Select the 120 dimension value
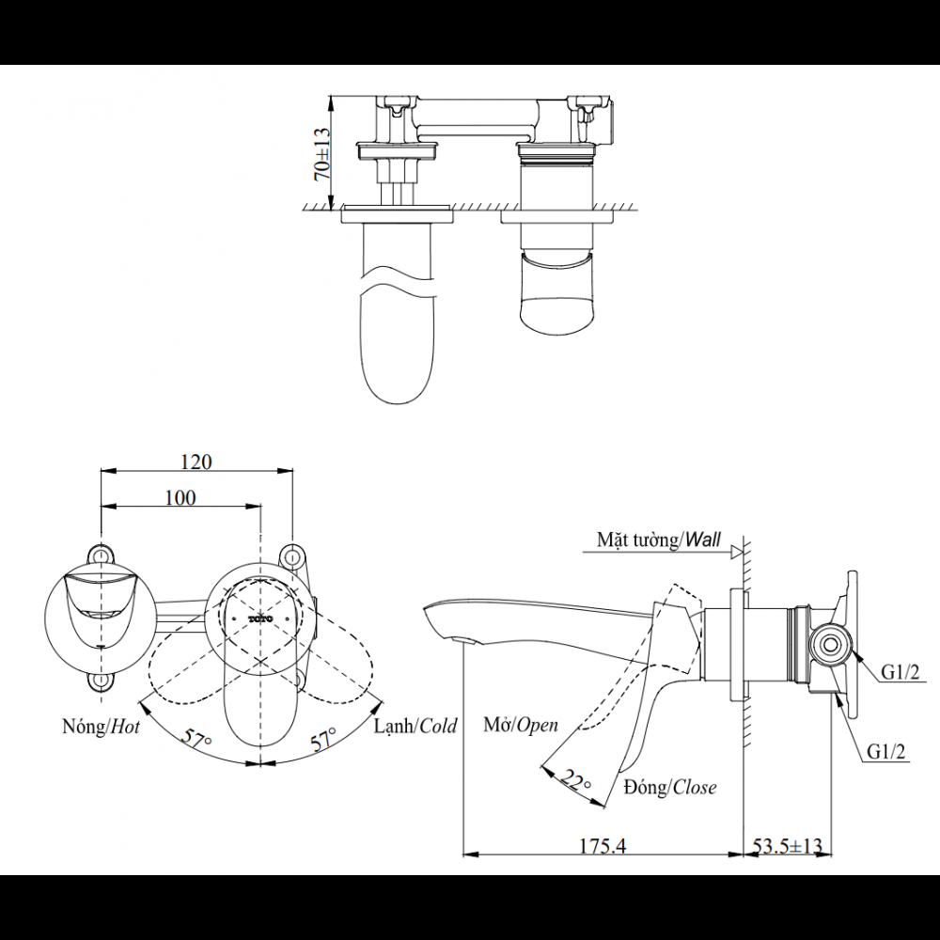point(196,462)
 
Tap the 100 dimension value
point(180,497)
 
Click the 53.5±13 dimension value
point(787,846)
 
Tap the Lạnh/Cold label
point(415,726)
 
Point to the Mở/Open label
point(521,724)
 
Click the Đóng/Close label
point(669,787)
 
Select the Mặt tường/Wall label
point(659,540)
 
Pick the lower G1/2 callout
point(885,751)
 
